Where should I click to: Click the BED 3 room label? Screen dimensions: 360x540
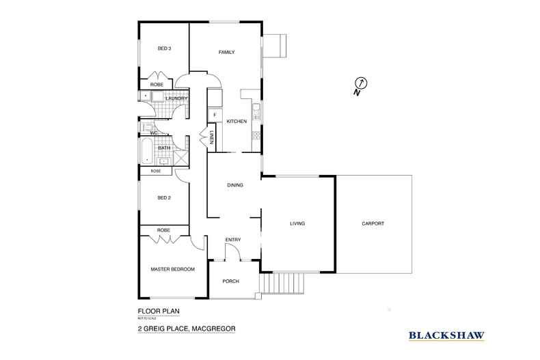tap(164, 49)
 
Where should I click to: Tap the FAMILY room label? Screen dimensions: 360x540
tap(227, 53)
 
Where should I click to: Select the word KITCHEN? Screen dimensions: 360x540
tap(237, 122)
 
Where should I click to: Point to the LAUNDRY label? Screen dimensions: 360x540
tap(176, 98)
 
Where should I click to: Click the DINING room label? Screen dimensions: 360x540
tap(235, 185)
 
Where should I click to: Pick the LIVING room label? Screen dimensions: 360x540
tap(297, 223)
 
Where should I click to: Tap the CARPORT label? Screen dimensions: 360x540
tap(373, 223)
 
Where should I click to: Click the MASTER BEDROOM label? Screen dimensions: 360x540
tap(172, 269)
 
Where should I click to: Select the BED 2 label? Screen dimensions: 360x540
tap(164, 198)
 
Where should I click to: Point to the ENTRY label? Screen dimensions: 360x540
tap(233, 239)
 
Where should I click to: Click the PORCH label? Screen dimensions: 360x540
tap(231, 281)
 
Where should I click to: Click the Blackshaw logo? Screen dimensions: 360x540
tap(446, 335)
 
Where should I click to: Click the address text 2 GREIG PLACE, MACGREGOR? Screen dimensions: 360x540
tap(186, 329)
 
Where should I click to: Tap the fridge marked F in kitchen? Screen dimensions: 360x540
tap(215, 114)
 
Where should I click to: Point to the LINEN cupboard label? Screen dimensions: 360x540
tap(213, 137)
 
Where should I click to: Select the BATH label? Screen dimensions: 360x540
tap(164, 148)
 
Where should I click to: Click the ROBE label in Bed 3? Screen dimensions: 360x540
tap(157, 85)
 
